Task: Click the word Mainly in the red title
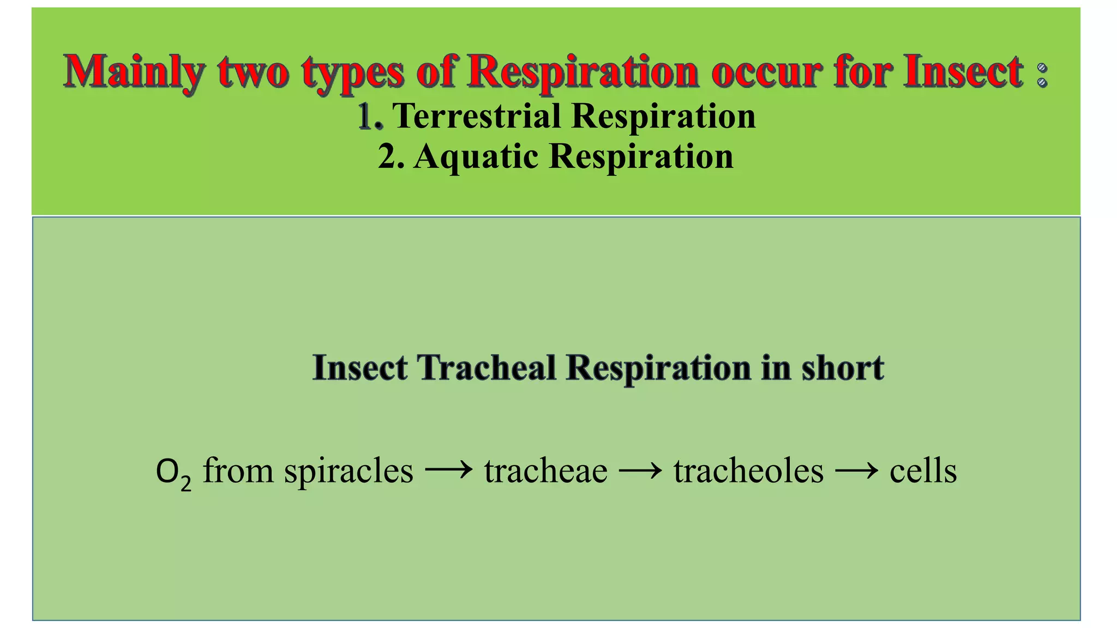(x=134, y=72)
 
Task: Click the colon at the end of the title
(x=1042, y=75)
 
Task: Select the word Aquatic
(x=476, y=157)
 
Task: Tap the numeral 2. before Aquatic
(x=391, y=157)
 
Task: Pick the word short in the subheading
(x=843, y=367)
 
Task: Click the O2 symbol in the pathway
(x=173, y=472)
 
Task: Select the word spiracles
(x=349, y=471)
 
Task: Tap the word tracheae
(x=545, y=471)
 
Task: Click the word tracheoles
(x=748, y=471)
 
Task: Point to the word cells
(x=923, y=471)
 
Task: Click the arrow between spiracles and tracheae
(x=448, y=470)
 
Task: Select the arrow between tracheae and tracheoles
(x=640, y=470)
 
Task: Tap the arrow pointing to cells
(x=856, y=470)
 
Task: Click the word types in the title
(x=353, y=73)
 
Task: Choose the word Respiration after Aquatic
(x=641, y=157)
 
